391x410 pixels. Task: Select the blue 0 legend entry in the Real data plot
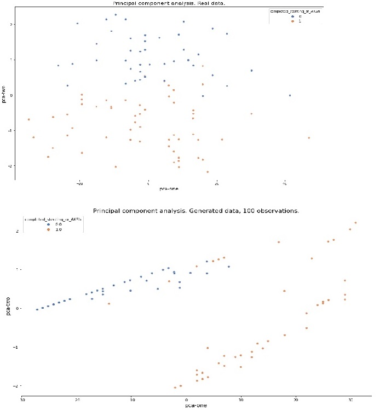[295, 16]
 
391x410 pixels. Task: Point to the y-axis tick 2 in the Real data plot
[11, 25]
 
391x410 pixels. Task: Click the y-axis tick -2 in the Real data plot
[10, 165]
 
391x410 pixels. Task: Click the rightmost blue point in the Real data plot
[290, 95]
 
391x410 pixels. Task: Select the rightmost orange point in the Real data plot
[309, 138]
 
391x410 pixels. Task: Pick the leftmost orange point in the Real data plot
[28, 119]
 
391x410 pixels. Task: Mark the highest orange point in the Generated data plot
[355, 223]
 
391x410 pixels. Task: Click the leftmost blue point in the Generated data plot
[37, 309]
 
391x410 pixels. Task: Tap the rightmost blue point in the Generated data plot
[229, 267]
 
